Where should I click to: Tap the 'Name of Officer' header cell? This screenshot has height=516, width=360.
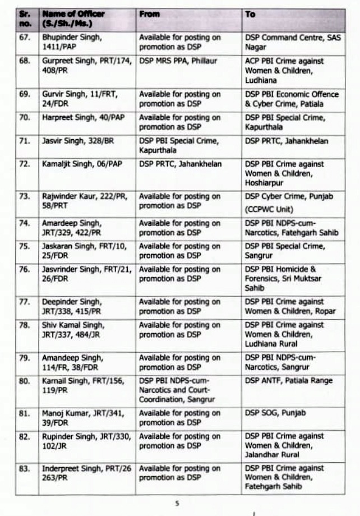73,19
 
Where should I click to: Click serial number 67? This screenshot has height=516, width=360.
24,38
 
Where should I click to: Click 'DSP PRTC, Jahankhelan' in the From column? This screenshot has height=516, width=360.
181,164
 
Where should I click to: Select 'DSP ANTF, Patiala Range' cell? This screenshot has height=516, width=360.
288,381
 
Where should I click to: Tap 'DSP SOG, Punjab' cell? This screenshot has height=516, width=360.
275,413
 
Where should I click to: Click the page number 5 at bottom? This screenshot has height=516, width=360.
177,503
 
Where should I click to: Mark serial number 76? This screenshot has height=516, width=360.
24,270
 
